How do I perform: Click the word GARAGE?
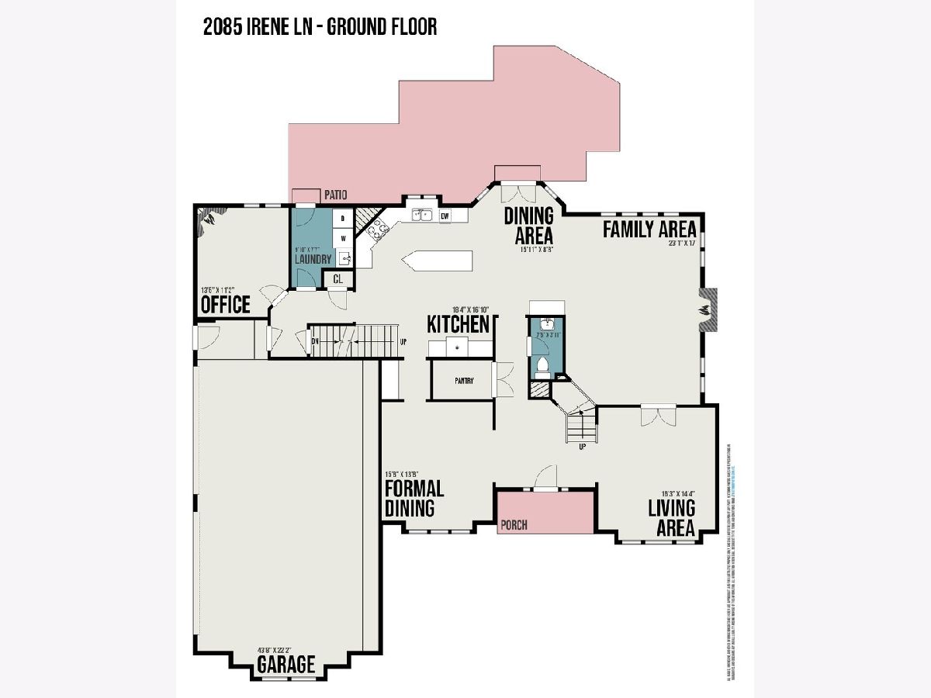[286, 665]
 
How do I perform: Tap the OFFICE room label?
[226, 304]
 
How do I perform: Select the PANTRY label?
[464, 380]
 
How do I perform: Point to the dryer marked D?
[343, 219]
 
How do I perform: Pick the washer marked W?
[343, 239]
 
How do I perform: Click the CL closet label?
[339, 278]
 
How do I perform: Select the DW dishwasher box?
[445, 217]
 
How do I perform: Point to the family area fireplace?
[708, 310]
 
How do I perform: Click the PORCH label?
[514, 525]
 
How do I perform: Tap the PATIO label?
[337, 195]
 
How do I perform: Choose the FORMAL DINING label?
[414, 498]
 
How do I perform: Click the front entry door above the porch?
[545, 477]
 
